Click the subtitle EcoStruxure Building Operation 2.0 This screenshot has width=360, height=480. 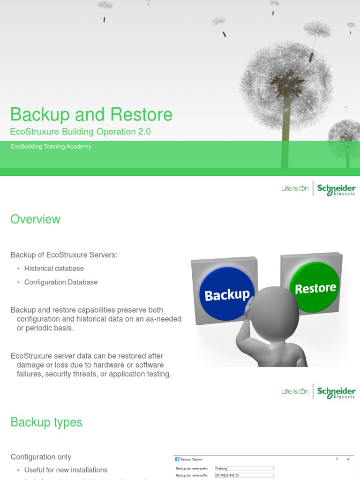point(81,132)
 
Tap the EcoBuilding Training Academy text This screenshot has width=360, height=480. point(51,147)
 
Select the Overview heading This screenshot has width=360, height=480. point(36,219)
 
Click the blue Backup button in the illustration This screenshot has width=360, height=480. point(227,294)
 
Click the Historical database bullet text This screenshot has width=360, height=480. point(54,269)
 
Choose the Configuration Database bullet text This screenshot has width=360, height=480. point(61,282)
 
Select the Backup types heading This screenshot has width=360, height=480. point(46,422)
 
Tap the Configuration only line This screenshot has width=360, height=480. point(41,457)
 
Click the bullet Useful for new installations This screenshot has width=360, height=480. point(66,470)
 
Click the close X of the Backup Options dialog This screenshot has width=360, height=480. point(348,459)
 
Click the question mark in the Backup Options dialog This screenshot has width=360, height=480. point(337,459)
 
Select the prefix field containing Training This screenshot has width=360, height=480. point(244,468)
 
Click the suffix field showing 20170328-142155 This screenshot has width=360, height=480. point(244,475)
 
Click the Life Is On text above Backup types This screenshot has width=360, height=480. point(295,391)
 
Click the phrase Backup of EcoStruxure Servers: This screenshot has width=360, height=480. point(64,255)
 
